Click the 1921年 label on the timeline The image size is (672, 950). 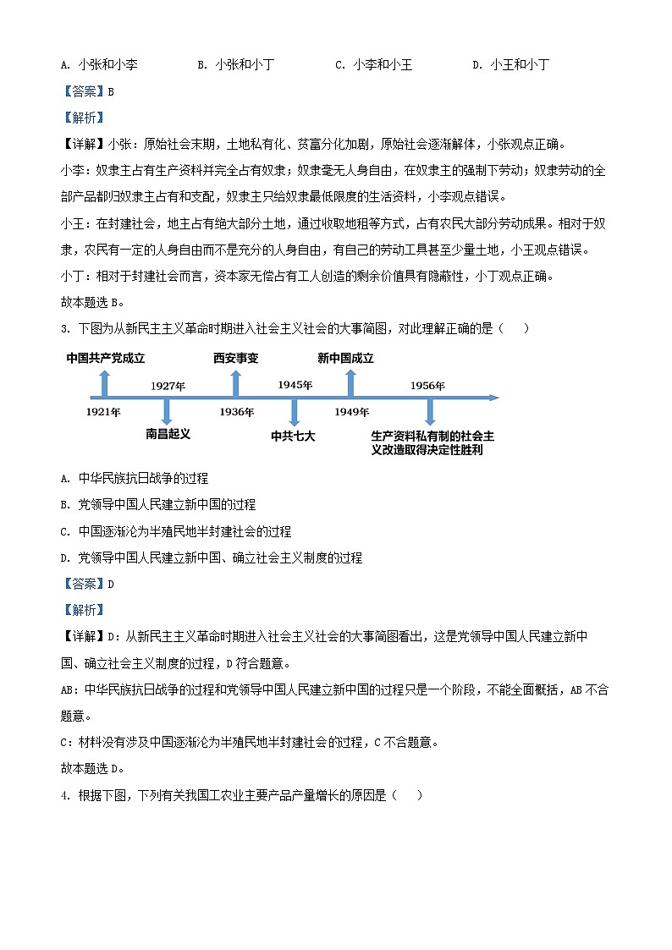pyautogui.click(x=103, y=412)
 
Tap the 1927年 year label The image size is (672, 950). pyautogui.click(x=168, y=386)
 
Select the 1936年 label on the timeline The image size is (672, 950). pyautogui.click(x=236, y=412)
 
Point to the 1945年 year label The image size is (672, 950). pyautogui.click(x=295, y=385)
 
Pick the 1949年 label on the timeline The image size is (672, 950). pyautogui.click(x=351, y=412)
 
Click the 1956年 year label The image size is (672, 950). pyautogui.click(x=427, y=386)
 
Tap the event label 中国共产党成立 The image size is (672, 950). pyautogui.click(x=106, y=359)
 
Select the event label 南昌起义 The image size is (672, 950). pyautogui.click(x=168, y=434)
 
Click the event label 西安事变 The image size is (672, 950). pyautogui.click(x=236, y=359)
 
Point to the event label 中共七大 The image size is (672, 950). pyautogui.click(x=293, y=437)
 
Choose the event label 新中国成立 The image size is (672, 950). pyautogui.click(x=345, y=359)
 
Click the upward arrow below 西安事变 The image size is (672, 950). pyautogui.click(x=236, y=383)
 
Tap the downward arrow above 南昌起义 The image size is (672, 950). pyautogui.click(x=167, y=411)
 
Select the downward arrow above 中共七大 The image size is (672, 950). pyautogui.click(x=294, y=412)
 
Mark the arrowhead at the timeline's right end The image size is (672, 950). pyautogui.click(x=493, y=397)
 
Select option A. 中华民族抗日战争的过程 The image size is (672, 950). pyautogui.click(x=135, y=478)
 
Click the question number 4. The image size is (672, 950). pyautogui.click(x=65, y=794)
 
